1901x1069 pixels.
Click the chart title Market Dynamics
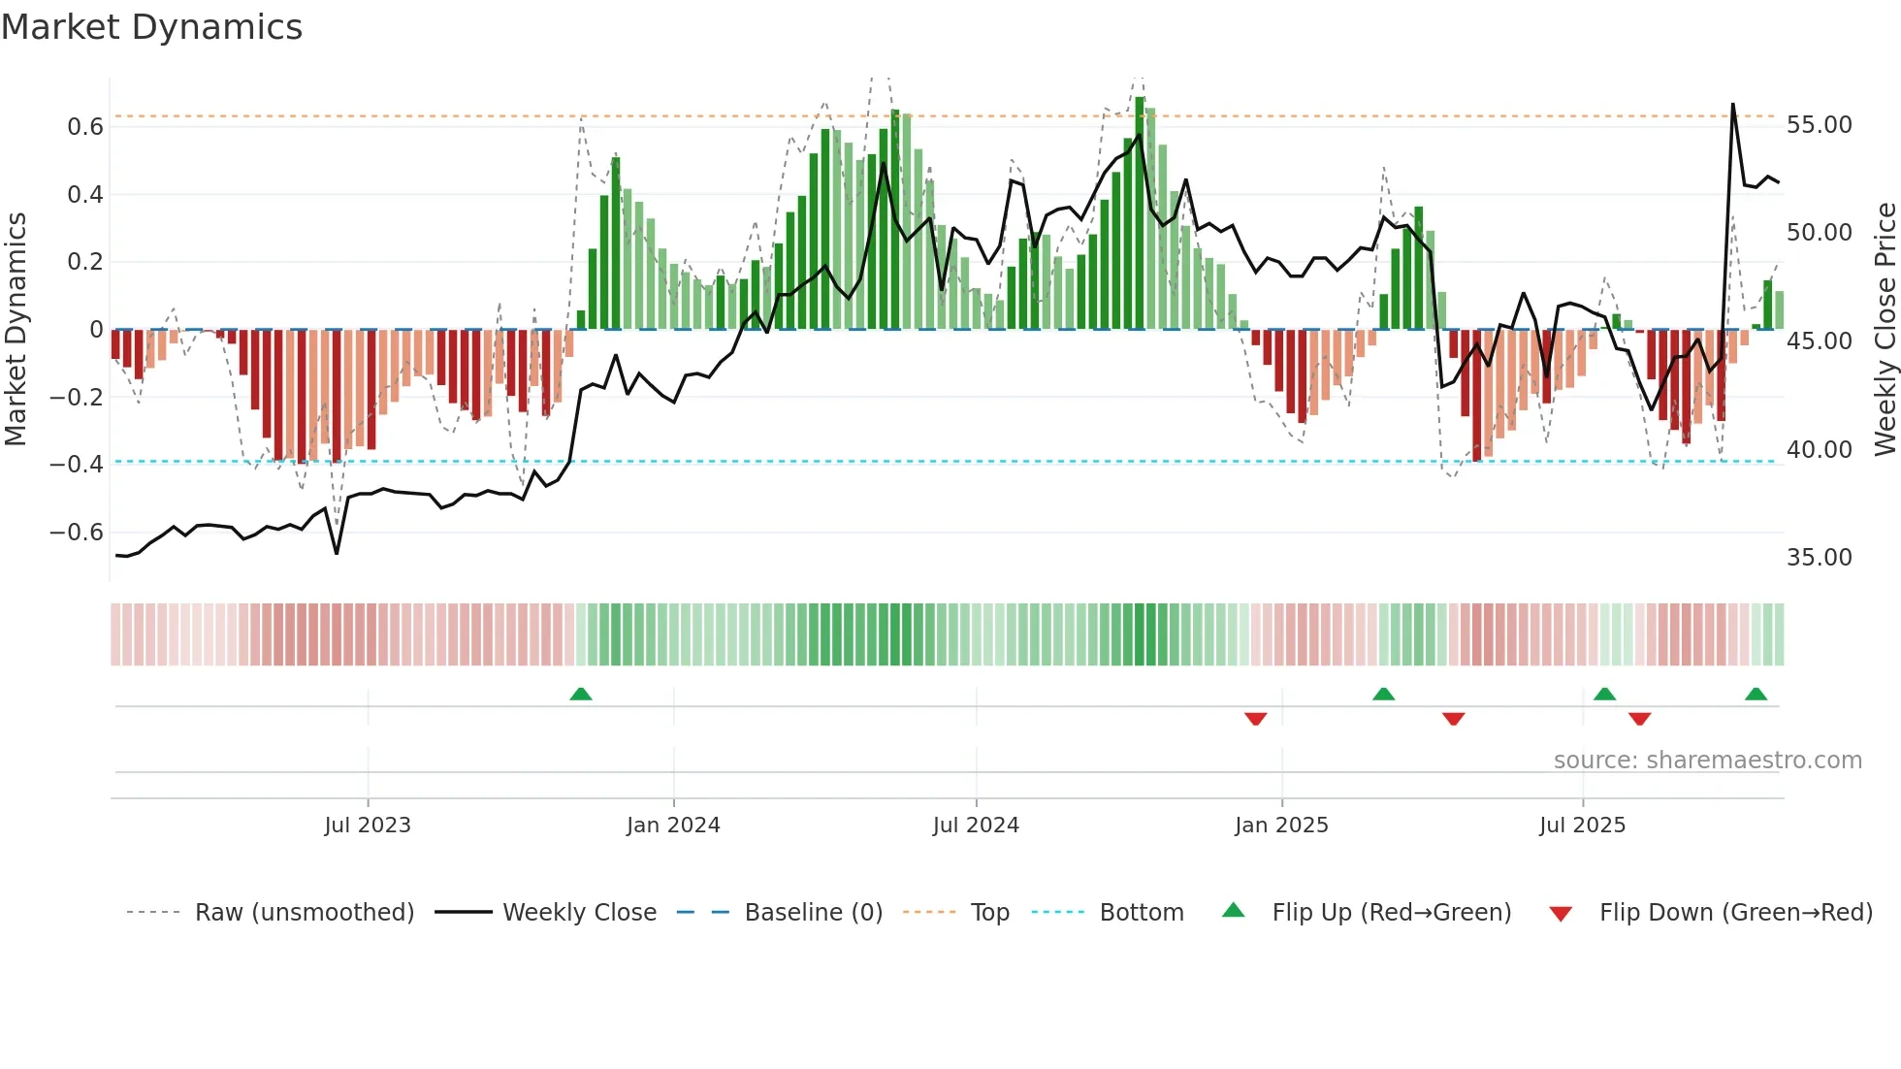[x=151, y=27]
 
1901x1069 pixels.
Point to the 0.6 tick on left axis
[x=85, y=127]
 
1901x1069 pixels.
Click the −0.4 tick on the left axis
[x=77, y=465]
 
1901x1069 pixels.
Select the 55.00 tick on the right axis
[x=1820, y=125]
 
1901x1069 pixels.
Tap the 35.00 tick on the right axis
[x=1820, y=558]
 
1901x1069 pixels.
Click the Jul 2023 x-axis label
[x=368, y=826]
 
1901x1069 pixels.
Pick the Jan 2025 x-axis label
[x=1281, y=826]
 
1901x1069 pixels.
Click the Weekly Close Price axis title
[x=1885, y=330]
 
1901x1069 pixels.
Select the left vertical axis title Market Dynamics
[x=16, y=330]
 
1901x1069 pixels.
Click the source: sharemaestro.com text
[x=1707, y=761]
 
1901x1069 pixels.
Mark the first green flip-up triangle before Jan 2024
[x=581, y=695]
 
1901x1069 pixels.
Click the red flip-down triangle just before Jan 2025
[x=1255, y=719]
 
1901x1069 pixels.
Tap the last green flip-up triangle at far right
[x=1756, y=695]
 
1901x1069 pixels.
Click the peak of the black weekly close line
[x=1733, y=104]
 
